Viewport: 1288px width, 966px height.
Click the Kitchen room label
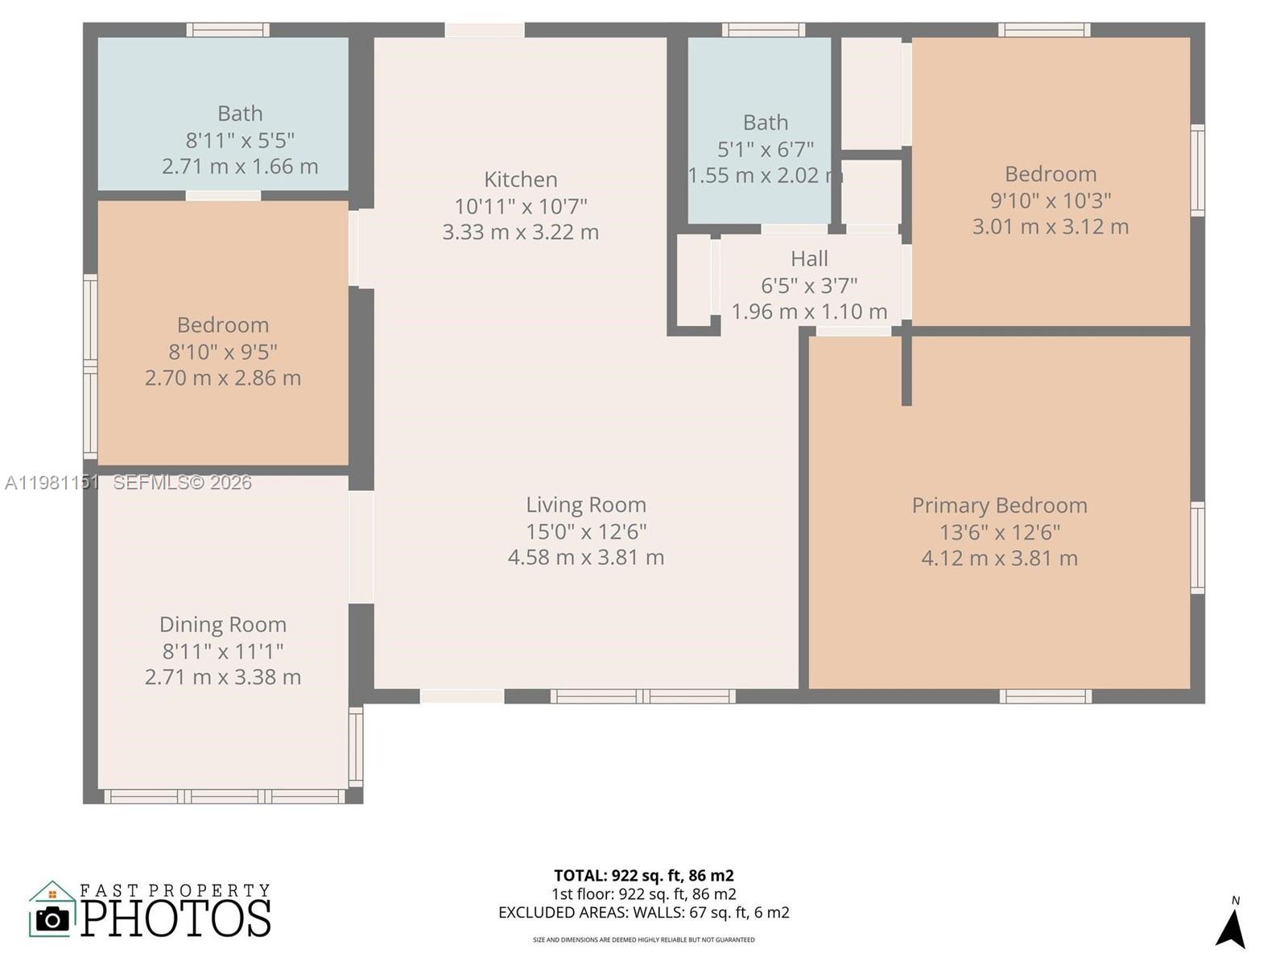tap(520, 179)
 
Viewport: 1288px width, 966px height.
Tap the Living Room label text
tap(586, 505)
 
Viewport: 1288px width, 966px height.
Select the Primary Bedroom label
tap(999, 506)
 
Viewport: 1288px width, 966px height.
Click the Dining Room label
tap(223, 625)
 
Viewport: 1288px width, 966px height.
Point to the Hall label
tap(809, 259)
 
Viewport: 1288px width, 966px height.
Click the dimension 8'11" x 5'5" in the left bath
tap(240, 140)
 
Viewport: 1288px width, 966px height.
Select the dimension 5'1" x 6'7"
tap(766, 149)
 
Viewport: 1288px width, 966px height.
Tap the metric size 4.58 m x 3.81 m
tap(586, 557)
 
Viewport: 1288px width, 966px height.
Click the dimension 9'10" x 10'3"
tap(1051, 200)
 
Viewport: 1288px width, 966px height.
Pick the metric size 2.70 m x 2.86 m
tap(223, 378)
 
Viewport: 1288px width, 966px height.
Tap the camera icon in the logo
tap(53, 919)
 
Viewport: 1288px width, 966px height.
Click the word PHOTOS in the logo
tap(175, 919)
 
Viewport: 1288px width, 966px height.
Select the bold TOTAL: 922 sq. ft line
tap(643, 875)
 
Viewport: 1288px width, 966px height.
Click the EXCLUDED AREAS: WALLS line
tap(643, 913)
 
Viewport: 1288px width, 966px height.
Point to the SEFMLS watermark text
tap(182, 482)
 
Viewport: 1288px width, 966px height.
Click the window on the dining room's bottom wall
tap(225, 796)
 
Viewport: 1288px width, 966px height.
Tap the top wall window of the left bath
tap(228, 30)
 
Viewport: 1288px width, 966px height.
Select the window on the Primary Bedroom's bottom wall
tap(1045, 696)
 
